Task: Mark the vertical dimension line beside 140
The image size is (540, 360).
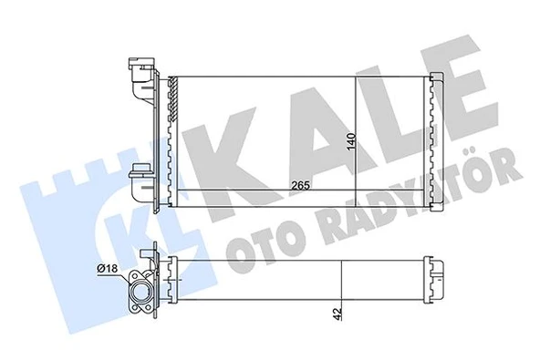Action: point(354,132)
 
